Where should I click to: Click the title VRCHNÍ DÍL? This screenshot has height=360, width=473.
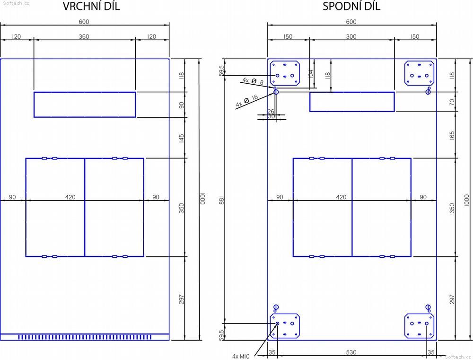pyautogui.click(x=91, y=6)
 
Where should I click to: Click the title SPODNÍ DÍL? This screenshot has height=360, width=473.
pyautogui.click(x=351, y=6)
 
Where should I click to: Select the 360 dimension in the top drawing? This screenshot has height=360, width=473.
pyautogui.click(x=84, y=36)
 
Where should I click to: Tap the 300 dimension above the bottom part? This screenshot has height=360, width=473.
pyautogui.click(x=351, y=36)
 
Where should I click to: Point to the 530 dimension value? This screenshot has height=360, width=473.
pyautogui.click(x=351, y=352)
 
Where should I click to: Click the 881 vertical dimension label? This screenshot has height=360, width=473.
pyautogui.click(x=222, y=200)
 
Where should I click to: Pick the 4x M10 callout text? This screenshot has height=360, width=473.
pyautogui.click(x=241, y=356)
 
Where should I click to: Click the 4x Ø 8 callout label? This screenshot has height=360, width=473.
pyautogui.click(x=253, y=81)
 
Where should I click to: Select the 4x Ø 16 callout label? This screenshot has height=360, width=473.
pyautogui.click(x=247, y=100)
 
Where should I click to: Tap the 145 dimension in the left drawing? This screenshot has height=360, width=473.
pyautogui.click(x=181, y=138)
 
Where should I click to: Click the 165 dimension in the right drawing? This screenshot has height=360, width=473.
pyautogui.click(x=452, y=135)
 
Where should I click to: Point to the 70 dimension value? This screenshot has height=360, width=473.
pyautogui.click(x=452, y=102)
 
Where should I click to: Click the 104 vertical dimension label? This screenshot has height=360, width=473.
pyautogui.click(x=311, y=74)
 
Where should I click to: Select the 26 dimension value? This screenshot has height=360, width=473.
pyautogui.click(x=271, y=111)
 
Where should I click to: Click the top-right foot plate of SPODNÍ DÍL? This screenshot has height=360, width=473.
pyautogui.click(x=419, y=73)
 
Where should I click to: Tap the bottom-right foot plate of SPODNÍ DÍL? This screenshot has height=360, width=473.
pyautogui.click(x=419, y=326)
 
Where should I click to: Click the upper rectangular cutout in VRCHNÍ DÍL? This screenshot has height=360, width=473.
pyautogui.click(x=85, y=105)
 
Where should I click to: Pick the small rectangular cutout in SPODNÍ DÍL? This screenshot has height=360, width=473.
pyautogui.click(x=352, y=102)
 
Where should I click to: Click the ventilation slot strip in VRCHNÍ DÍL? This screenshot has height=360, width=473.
pyautogui.click(x=85, y=337)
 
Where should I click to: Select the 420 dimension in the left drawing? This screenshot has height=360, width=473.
pyautogui.click(x=70, y=197)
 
